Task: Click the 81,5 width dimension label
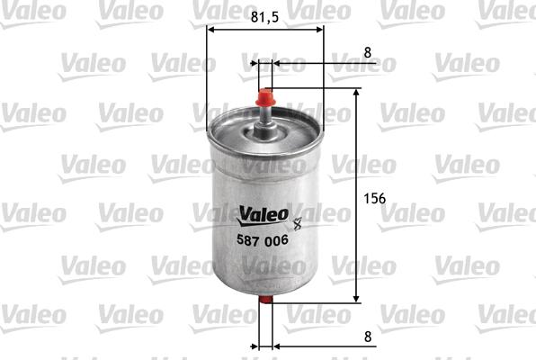coord(265,15)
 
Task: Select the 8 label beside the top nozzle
coord(367,53)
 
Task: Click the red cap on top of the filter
coord(265,96)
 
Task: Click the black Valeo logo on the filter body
coord(263,213)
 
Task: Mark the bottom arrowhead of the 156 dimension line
coord(358,298)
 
